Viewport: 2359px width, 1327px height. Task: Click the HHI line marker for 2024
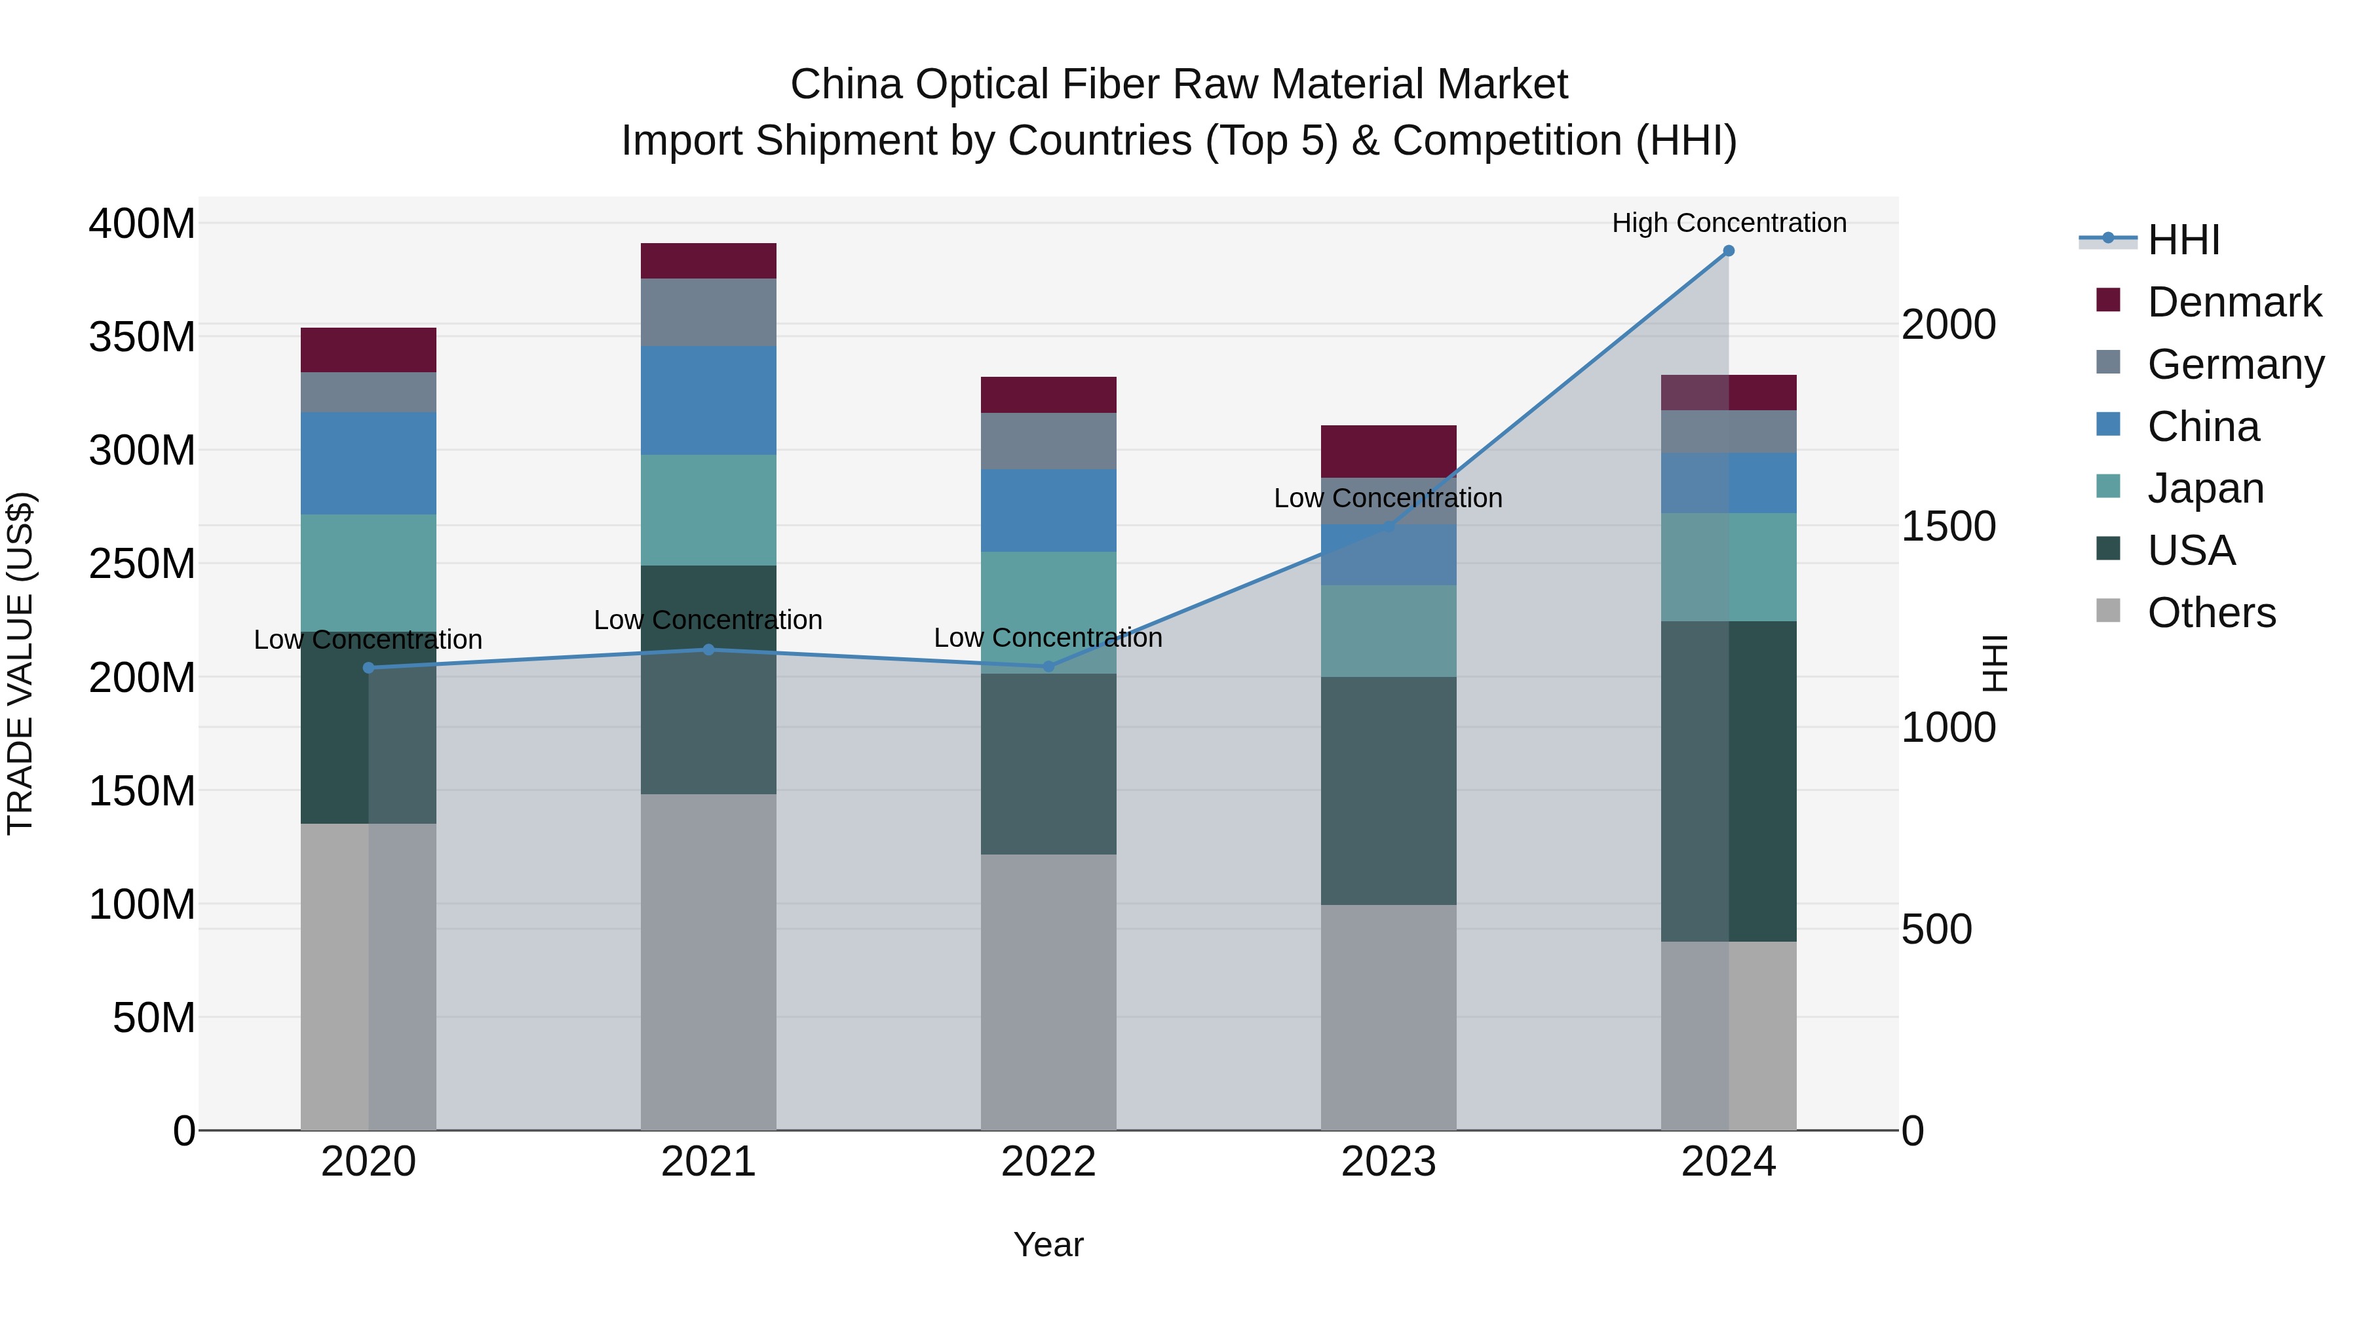1728,251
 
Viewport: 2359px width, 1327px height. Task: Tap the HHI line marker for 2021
708,649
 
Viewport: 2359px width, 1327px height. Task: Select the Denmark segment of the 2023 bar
1389,451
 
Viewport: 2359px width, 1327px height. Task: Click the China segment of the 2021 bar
708,400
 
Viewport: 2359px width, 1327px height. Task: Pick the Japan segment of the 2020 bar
368,572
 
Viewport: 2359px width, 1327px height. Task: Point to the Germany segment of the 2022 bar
1048,440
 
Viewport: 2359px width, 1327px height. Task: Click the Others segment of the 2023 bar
1389,1016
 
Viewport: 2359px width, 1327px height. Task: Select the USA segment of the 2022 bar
1048,764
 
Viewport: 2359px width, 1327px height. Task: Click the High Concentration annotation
1728,223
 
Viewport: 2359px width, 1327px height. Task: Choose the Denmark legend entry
2234,302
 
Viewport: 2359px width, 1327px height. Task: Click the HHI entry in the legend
2183,240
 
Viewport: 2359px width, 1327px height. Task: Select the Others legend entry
2211,613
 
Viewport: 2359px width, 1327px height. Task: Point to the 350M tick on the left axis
142,337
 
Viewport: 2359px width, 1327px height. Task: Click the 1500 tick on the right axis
1949,527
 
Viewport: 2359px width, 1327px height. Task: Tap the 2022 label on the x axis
1048,1162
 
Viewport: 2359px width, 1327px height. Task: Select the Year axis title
1048,1244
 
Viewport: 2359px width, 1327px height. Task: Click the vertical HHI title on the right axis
1993,663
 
